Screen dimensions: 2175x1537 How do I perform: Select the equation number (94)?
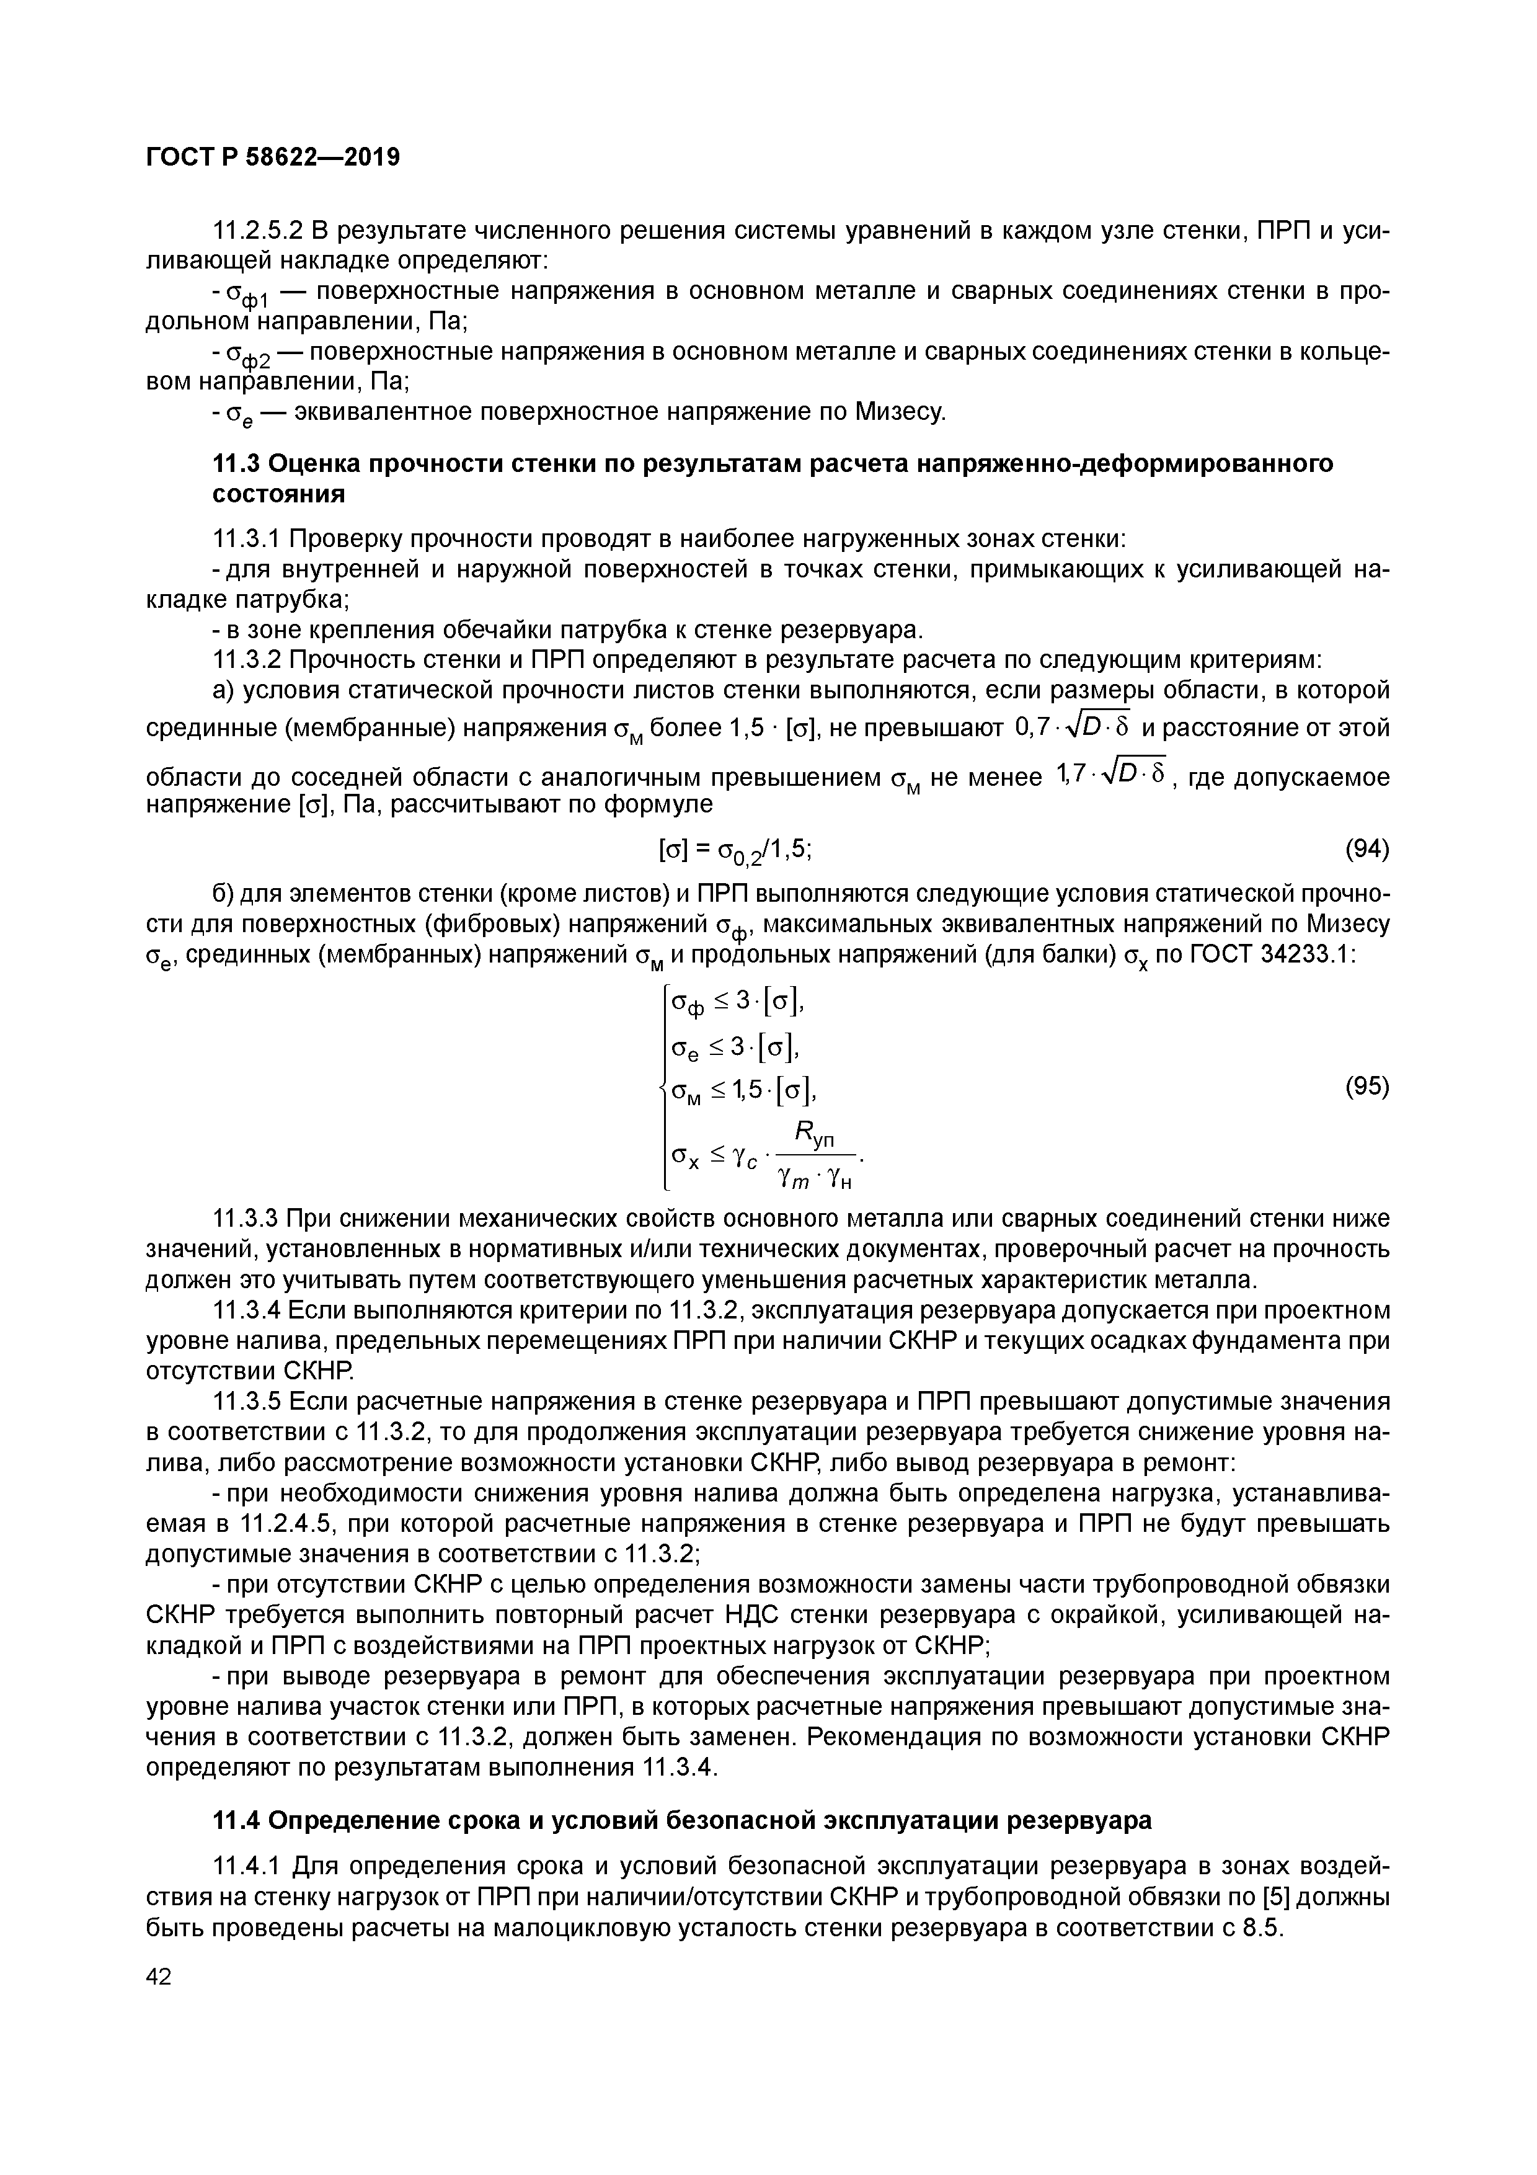click(x=1366, y=850)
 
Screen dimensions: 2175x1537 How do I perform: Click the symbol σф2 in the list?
click(x=249, y=355)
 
